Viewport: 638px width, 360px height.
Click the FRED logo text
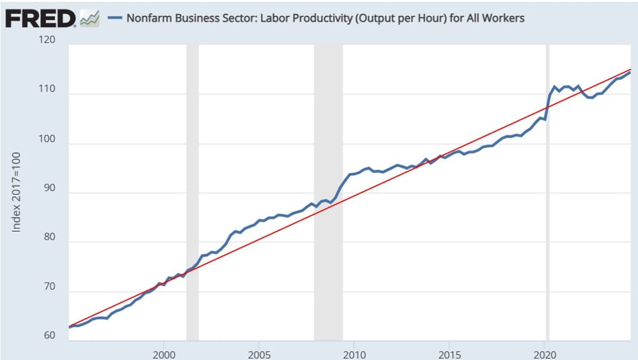[x=40, y=19]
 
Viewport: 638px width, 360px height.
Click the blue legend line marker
[x=115, y=18]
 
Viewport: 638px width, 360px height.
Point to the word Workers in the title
[x=503, y=18]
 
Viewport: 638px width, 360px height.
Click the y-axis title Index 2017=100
[x=17, y=191]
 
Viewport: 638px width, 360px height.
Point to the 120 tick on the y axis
[x=47, y=40]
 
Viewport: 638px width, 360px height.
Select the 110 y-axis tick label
[x=47, y=93]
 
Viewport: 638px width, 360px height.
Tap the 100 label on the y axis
[x=47, y=143]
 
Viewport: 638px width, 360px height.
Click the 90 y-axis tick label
[x=49, y=192]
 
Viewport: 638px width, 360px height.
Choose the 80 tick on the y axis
[x=49, y=242]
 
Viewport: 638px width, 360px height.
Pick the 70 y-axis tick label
[x=49, y=291]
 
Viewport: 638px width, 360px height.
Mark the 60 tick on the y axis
[x=49, y=336]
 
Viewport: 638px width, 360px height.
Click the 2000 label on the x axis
[x=164, y=353]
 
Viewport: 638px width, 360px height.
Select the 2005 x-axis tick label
[x=258, y=353]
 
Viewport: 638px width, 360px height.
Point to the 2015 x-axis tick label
[x=449, y=353]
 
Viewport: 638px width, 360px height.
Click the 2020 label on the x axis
[x=544, y=353]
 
